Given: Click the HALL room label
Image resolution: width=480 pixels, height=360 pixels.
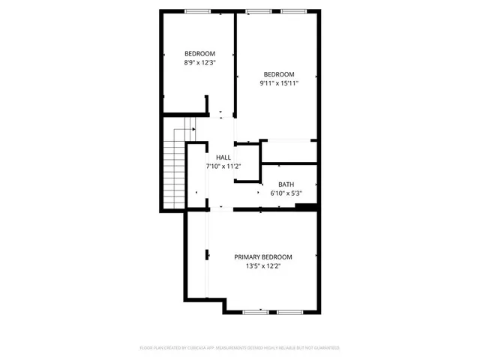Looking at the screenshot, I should (223, 157).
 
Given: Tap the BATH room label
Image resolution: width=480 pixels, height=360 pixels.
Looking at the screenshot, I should (286, 184).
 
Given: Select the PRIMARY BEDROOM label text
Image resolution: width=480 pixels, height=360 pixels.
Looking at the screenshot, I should (262, 256).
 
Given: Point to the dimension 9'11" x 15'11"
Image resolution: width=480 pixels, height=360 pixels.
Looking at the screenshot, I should (278, 83).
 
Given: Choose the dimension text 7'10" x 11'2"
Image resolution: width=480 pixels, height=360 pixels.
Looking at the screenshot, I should (223, 166).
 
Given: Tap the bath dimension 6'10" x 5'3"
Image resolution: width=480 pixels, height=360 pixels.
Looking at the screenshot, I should (286, 193).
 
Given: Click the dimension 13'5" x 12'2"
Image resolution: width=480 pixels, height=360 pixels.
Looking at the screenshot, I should (262, 265).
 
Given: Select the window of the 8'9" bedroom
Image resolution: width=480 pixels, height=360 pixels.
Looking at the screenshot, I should (198, 10).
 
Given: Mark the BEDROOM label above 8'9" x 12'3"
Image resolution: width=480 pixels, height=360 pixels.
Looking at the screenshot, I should (200, 53).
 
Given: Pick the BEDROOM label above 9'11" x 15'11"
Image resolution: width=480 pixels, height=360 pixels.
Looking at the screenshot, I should (278, 73).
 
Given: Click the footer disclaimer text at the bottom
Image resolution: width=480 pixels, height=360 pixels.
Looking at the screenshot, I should (239, 348).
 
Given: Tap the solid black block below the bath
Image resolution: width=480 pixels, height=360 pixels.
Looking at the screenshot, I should (305, 207).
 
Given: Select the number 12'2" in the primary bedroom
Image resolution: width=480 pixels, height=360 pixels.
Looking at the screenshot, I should (273, 265).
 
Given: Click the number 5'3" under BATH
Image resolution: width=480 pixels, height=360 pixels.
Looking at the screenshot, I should (295, 193).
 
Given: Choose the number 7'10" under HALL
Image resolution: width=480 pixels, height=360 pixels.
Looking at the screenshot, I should (213, 166).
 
